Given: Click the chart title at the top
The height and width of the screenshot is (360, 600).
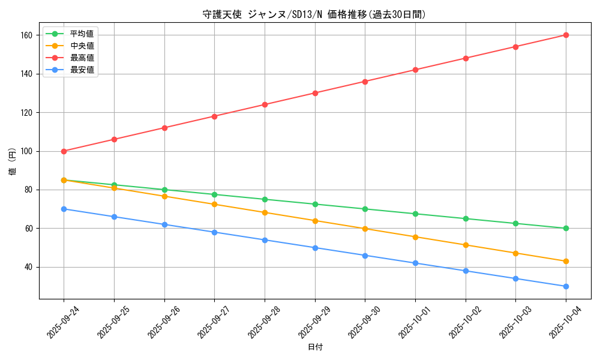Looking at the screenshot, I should [x=314, y=14].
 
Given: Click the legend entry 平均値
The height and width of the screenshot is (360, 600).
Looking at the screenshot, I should [x=82, y=34].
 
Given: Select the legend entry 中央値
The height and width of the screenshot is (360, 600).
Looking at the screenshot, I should [x=82, y=46].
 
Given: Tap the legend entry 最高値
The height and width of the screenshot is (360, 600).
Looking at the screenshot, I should [x=82, y=58].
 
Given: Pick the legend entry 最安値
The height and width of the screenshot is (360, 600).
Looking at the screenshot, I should [x=82, y=70].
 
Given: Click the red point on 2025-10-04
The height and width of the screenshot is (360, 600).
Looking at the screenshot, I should [x=566, y=35].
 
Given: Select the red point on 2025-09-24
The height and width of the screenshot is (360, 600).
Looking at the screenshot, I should [x=64, y=151].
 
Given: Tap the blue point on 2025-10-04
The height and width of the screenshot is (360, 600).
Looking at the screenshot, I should [x=566, y=286].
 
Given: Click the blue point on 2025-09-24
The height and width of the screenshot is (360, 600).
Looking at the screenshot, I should [x=64, y=209].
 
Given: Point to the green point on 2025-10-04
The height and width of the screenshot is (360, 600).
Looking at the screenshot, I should [x=566, y=228].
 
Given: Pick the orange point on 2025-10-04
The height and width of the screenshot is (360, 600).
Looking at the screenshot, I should [x=566, y=261].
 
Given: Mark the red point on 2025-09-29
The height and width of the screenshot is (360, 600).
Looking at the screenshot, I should [x=315, y=93].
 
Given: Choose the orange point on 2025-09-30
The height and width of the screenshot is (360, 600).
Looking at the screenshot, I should [x=365, y=229].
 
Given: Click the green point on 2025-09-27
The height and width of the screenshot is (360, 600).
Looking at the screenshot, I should [x=214, y=194].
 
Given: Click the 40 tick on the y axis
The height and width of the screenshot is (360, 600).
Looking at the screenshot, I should [x=26, y=267].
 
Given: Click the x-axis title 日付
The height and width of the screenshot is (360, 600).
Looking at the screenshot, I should [x=314, y=347].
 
